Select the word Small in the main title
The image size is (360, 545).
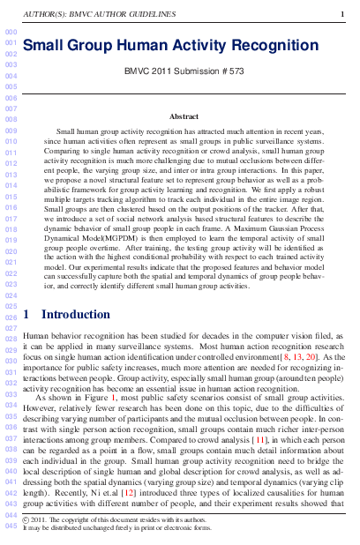[48, 45]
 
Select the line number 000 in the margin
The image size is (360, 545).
[11, 33]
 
